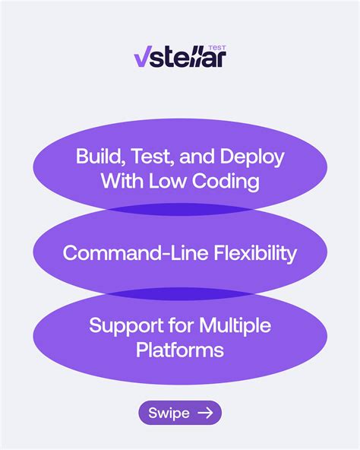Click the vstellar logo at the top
click(180, 56)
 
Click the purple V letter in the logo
click(142, 58)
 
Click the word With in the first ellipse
click(122, 182)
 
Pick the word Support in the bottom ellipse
click(125, 325)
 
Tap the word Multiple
click(235, 325)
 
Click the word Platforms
click(180, 350)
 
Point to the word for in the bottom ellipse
click(179, 325)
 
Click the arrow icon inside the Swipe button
click(205, 413)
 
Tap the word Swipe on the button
click(169, 413)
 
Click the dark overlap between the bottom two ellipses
click(180, 294)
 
